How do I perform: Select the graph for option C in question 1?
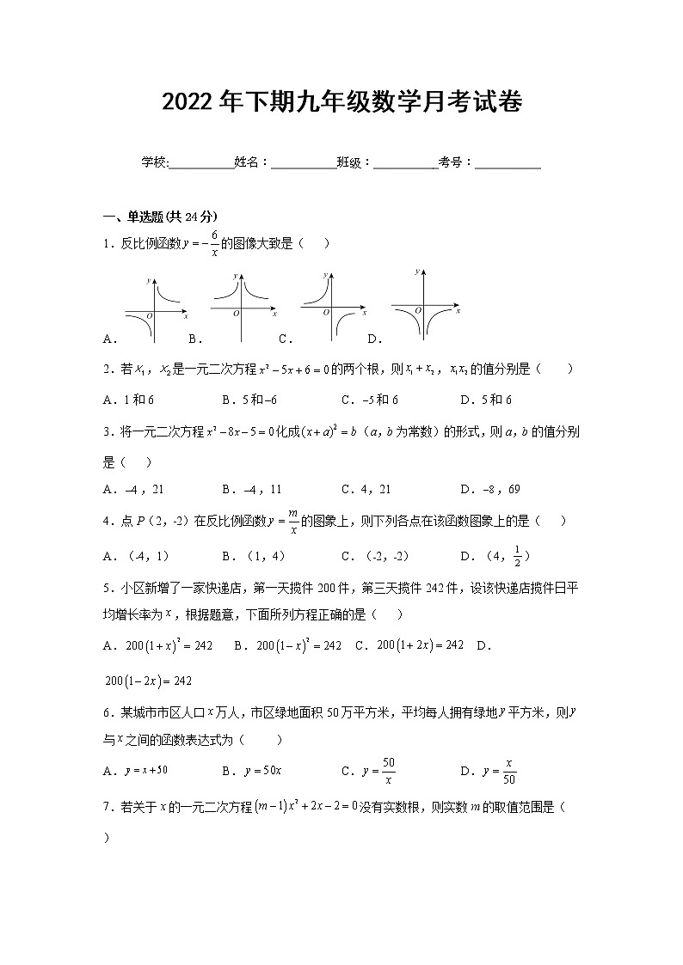click(329, 305)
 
